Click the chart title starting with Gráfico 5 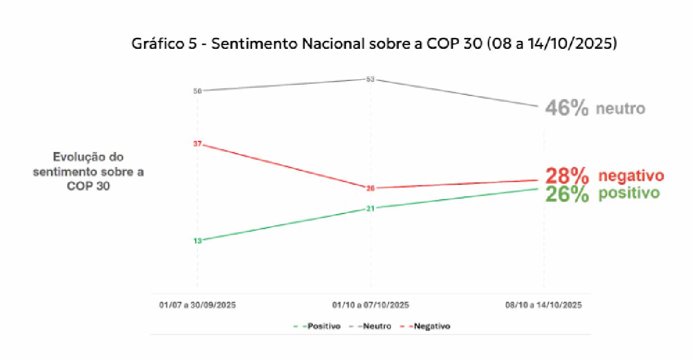click(x=374, y=44)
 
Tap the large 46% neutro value click(x=567, y=108)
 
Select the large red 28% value click(x=567, y=176)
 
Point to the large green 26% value click(x=567, y=194)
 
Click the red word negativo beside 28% click(x=630, y=176)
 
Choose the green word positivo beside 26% click(x=629, y=194)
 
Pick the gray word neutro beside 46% click(x=620, y=109)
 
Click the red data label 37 click(x=197, y=144)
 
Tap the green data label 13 click(x=197, y=241)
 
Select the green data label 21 click(x=370, y=209)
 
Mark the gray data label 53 click(x=370, y=79)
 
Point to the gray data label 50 click(x=197, y=90)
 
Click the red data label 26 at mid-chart click(x=370, y=188)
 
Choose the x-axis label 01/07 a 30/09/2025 click(x=197, y=305)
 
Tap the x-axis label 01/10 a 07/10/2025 click(x=370, y=305)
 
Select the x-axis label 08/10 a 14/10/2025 click(x=543, y=305)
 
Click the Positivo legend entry click(x=318, y=326)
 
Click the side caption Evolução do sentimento click(x=88, y=171)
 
